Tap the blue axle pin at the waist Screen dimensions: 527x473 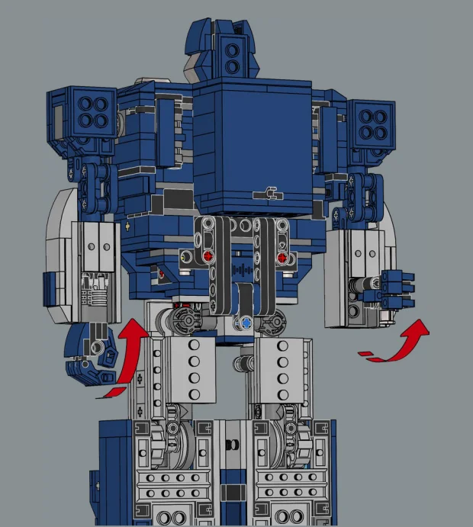coord(245,323)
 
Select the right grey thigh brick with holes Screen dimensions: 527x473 coord(281,368)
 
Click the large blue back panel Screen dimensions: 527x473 coord(253,145)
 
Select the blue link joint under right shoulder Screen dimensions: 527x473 coord(364,194)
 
